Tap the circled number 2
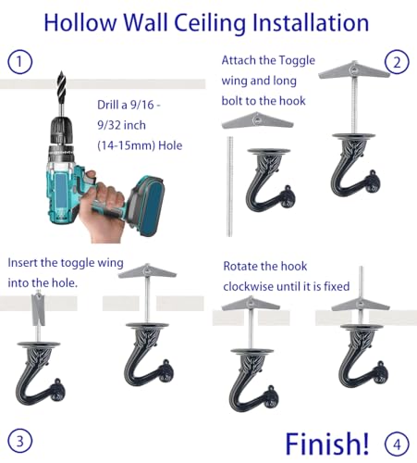(397, 63)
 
